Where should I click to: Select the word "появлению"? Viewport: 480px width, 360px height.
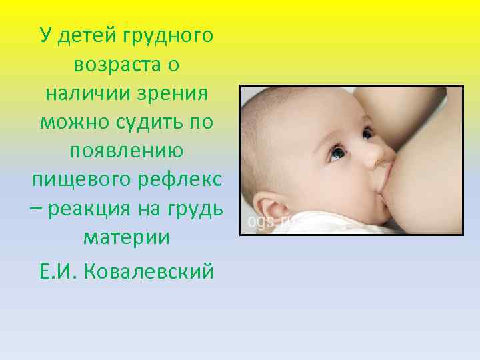(127, 152)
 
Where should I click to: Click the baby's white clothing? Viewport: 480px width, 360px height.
(313, 223)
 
